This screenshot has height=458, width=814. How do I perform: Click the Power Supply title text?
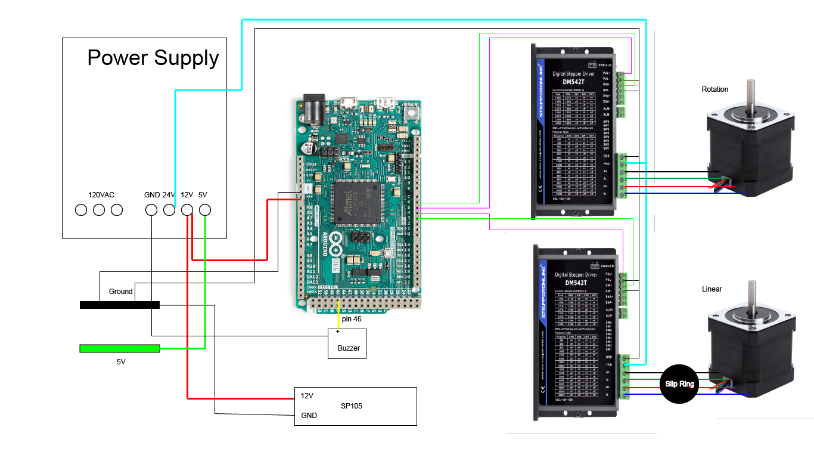153,58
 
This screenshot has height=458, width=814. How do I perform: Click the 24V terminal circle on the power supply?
169,210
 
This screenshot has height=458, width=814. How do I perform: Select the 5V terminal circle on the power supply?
205,210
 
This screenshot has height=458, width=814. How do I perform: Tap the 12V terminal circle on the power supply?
187,210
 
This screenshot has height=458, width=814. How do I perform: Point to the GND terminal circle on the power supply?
151,210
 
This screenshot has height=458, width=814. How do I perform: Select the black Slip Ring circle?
679,384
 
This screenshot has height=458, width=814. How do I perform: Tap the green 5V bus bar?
120,348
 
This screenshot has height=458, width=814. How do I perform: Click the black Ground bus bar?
120,305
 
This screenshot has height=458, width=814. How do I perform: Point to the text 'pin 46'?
352,319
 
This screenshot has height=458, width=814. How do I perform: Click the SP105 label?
352,406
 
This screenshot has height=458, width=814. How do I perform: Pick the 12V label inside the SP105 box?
307,396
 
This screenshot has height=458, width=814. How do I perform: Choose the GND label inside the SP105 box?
309,416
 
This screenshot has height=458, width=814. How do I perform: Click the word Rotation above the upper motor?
715,89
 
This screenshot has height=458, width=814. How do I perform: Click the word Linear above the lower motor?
712,289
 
